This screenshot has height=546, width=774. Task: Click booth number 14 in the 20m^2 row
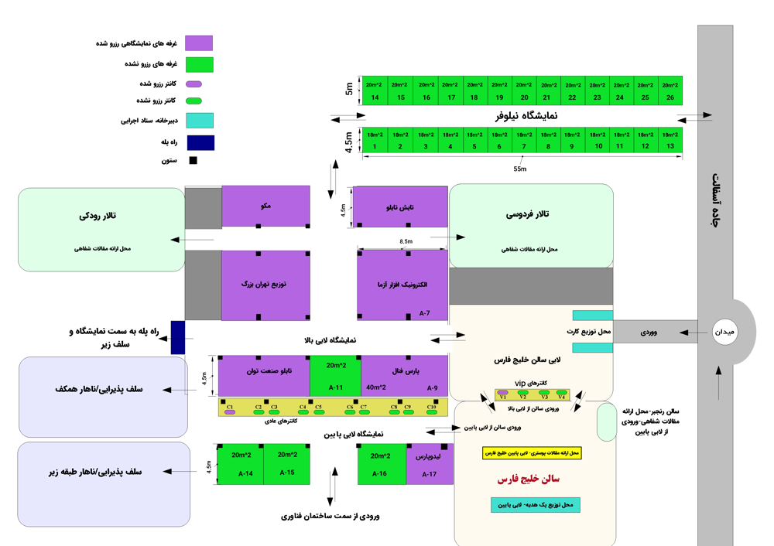pos(375,90)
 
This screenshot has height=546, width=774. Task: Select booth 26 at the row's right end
pos(670,90)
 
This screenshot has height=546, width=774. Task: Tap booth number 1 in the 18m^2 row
pos(375,140)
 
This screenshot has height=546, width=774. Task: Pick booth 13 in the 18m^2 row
pos(670,140)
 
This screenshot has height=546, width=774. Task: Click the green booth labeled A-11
pos(335,377)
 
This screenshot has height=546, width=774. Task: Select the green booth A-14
pos(241,464)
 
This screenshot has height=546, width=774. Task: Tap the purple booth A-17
pos(428,464)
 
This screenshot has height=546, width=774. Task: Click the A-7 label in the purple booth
pos(424,314)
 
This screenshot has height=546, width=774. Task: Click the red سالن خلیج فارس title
pos(529,479)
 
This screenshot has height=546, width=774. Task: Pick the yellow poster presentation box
pos(531,452)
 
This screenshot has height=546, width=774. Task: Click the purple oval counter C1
pos(230,413)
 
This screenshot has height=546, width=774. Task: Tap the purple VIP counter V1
pos(503,393)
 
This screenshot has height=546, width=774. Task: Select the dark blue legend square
pos(200,143)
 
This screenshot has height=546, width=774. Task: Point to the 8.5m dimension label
pos(406,241)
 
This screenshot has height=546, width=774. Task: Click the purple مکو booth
pos(265,206)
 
